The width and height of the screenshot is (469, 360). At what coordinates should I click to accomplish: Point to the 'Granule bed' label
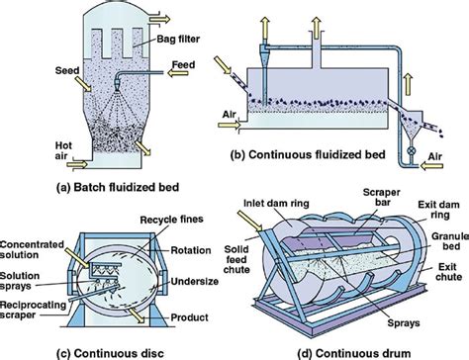443,246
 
